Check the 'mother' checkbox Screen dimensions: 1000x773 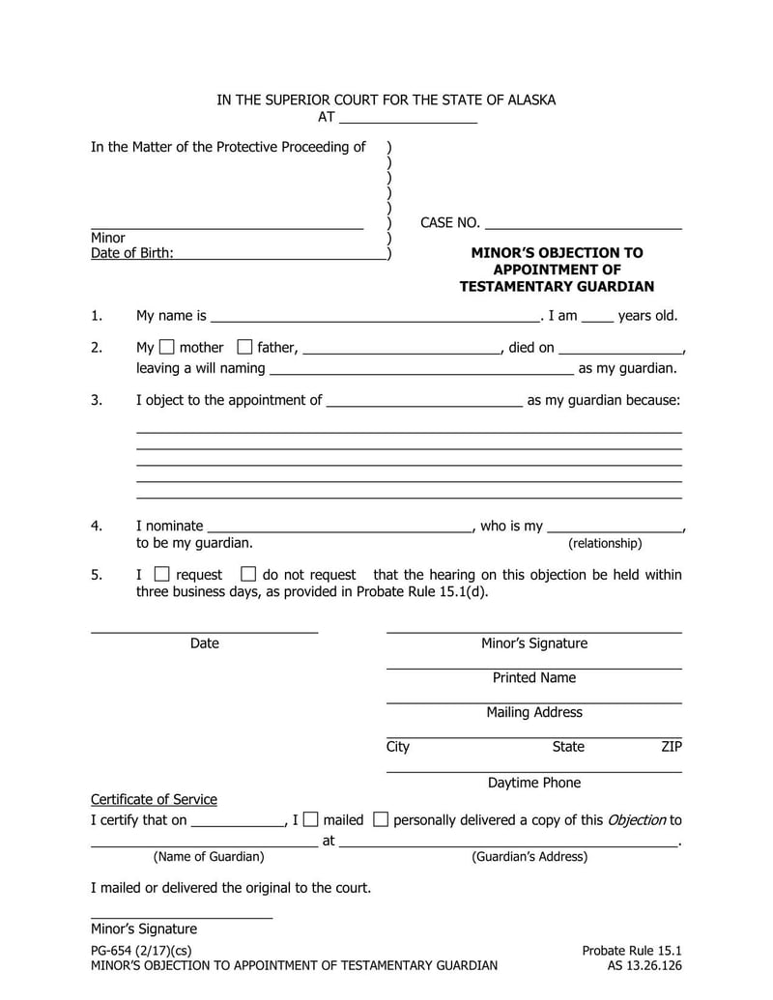point(166,347)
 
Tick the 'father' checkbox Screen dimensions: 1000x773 point(244,347)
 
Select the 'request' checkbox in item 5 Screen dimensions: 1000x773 point(162,574)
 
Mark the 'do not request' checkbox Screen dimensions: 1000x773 point(248,574)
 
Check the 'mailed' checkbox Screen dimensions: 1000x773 point(310,819)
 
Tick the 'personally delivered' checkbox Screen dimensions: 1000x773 point(381,819)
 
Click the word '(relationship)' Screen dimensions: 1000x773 point(605,543)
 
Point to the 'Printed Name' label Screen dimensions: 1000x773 point(534,677)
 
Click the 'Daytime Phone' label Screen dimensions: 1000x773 point(534,783)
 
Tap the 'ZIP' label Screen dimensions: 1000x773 point(672,747)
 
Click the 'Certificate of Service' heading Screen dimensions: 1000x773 point(154,799)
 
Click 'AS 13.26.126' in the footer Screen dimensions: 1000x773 point(644,965)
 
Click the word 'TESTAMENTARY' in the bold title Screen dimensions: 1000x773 point(517,286)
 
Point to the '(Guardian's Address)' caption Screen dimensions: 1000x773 point(530,856)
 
